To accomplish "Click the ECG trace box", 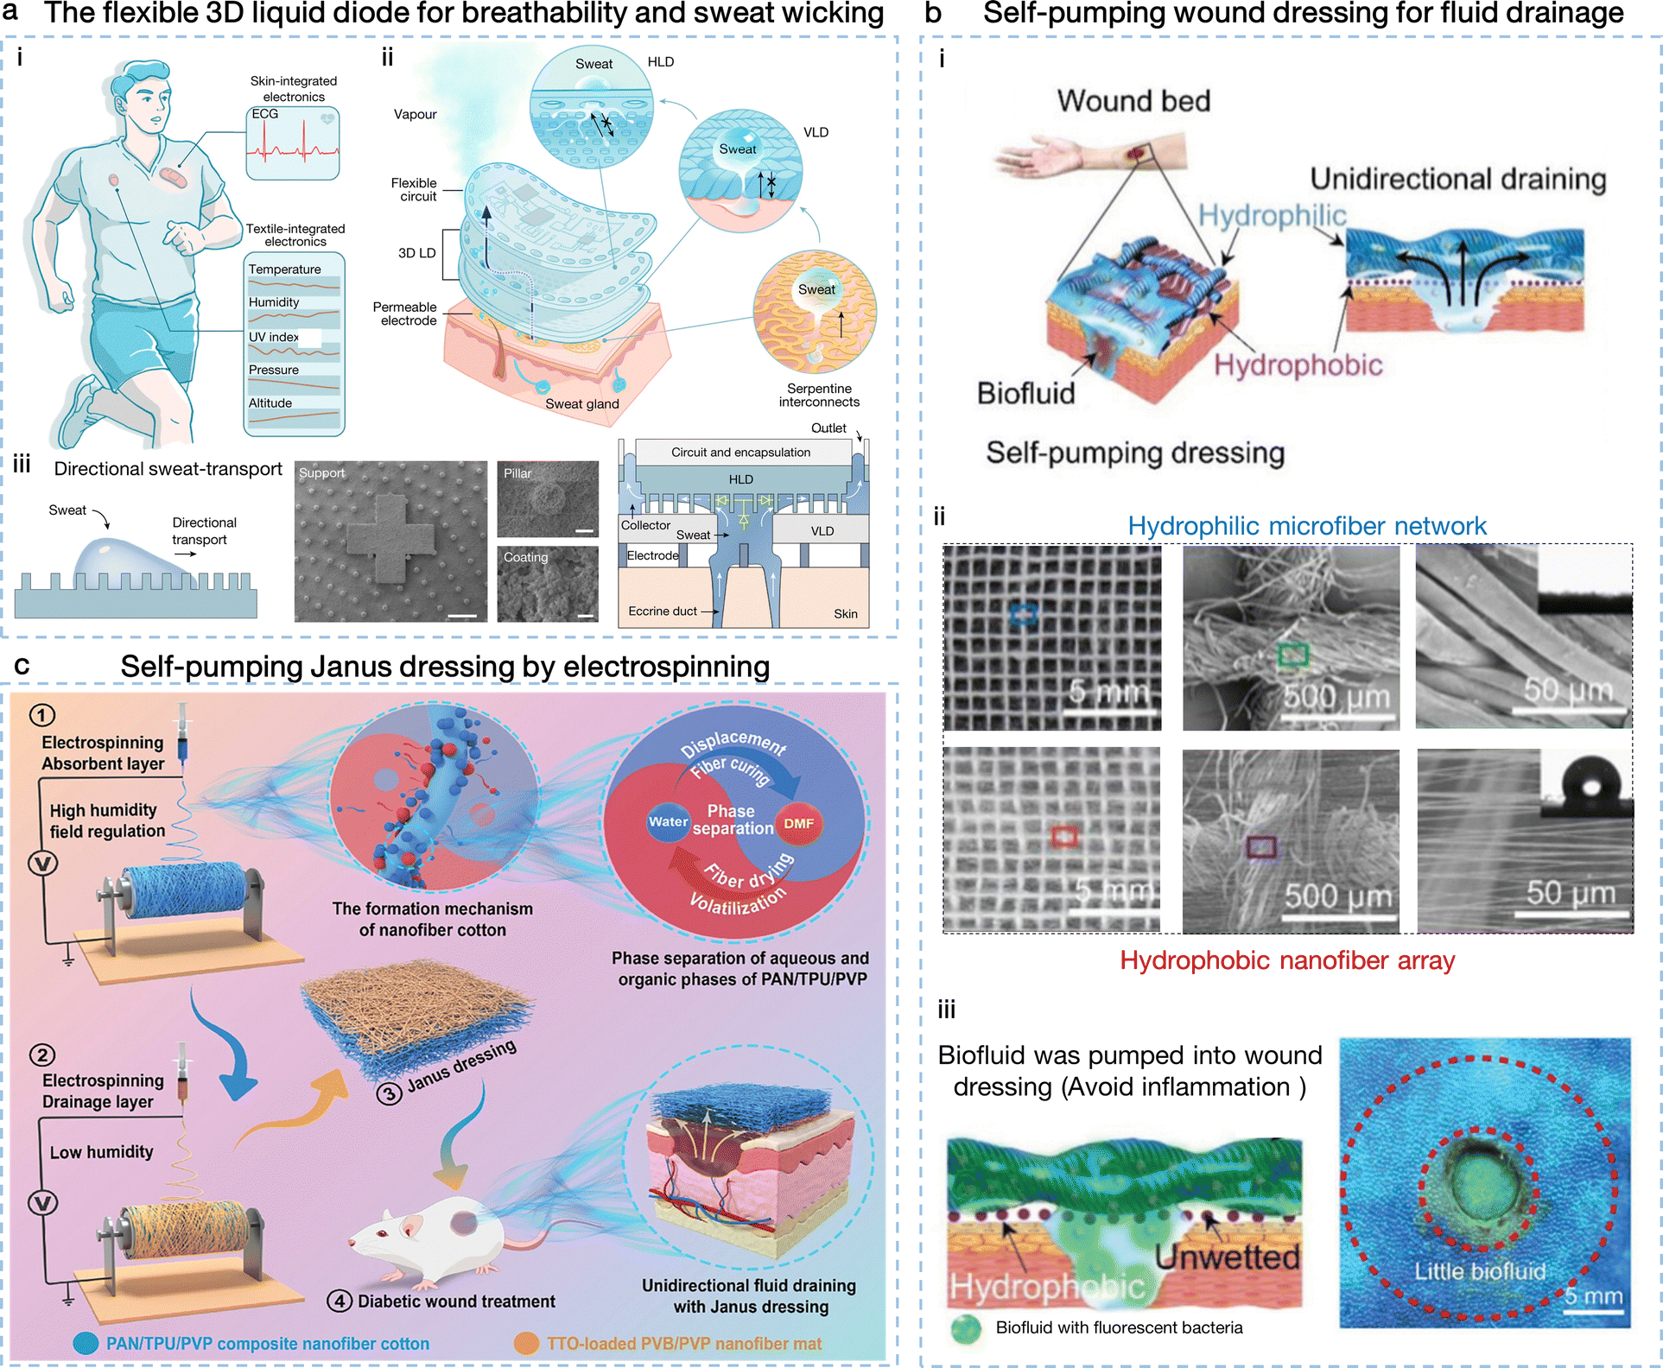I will point(293,143).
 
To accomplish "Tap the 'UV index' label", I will point(273,337).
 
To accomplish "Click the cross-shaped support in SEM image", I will point(390,541).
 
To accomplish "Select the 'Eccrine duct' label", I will point(662,611).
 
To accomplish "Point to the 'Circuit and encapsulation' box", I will point(740,452).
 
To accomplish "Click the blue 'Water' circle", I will point(668,821).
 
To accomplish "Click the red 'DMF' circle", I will point(798,823).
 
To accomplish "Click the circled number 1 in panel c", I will point(42,715).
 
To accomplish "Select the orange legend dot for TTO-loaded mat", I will point(526,1343).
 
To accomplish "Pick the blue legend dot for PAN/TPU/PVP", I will point(86,1343).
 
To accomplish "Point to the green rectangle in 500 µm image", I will point(1292,655).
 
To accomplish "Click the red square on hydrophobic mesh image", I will point(1064,835).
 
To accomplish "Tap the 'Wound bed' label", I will point(1133,101).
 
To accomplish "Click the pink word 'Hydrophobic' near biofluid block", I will point(1298,365).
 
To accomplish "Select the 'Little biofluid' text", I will point(1479,1271).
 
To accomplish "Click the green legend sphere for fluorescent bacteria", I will point(966,1328).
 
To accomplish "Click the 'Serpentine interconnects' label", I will point(819,396).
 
